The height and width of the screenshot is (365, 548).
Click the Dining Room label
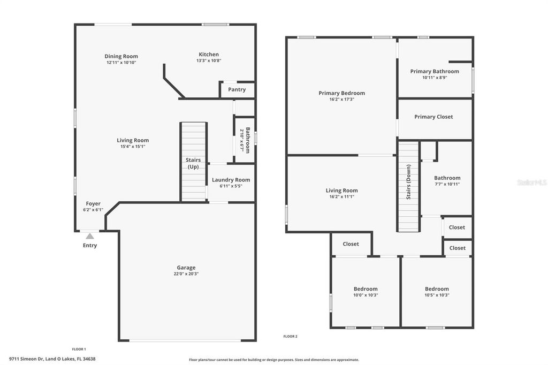coord(121,56)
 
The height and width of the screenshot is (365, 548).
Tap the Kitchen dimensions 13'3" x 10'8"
coord(209,61)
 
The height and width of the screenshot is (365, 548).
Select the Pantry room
coord(237,89)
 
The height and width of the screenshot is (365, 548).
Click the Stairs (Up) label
coord(193,163)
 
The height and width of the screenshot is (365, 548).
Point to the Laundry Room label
coord(231,180)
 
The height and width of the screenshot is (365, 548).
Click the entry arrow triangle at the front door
coord(90,235)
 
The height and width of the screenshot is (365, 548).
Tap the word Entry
coord(90,246)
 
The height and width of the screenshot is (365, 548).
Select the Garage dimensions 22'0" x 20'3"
coord(186,274)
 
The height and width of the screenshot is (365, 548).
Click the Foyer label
coord(93,203)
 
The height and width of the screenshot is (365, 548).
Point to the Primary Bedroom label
coord(341,93)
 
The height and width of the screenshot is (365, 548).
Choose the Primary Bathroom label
coord(435,71)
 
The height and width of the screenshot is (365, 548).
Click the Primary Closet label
coord(433,117)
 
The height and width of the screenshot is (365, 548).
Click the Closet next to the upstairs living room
coord(351,244)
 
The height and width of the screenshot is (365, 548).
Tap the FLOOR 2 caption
coord(290,337)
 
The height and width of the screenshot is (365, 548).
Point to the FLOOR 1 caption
coord(79,349)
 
